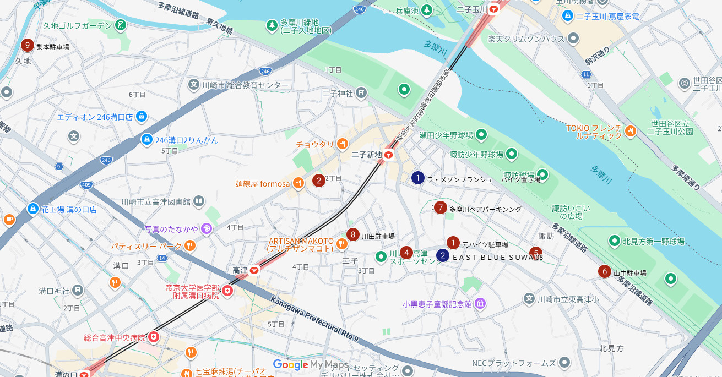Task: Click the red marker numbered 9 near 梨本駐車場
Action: (x=27, y=46)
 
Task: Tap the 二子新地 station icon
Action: (x=389, y=155)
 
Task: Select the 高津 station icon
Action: (x=254, y=270)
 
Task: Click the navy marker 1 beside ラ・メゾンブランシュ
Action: (x=418, y=178)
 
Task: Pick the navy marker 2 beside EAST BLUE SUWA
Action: (x=443, y=255)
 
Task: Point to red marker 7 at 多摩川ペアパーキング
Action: (x=440, y=207)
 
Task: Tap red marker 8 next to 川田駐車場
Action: (x=353, y=234)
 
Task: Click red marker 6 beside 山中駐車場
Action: (x=605, y=271)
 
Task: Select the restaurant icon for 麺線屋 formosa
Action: (x=298, y=183)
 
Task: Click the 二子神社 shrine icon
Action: (x=361, y=92)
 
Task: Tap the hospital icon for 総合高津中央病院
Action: (x=154, y=336)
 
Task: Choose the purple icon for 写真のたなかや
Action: (x=207, y=228)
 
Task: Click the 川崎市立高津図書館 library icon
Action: (x=198, y=201)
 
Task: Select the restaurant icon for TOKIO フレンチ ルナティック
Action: (x=631, y=131)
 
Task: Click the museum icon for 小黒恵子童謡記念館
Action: (x=480, y=304)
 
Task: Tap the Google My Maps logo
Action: (x=311, y=365)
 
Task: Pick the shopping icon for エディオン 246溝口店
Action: (x=142, y=117)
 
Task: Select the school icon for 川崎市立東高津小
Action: (x=529, y=298)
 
